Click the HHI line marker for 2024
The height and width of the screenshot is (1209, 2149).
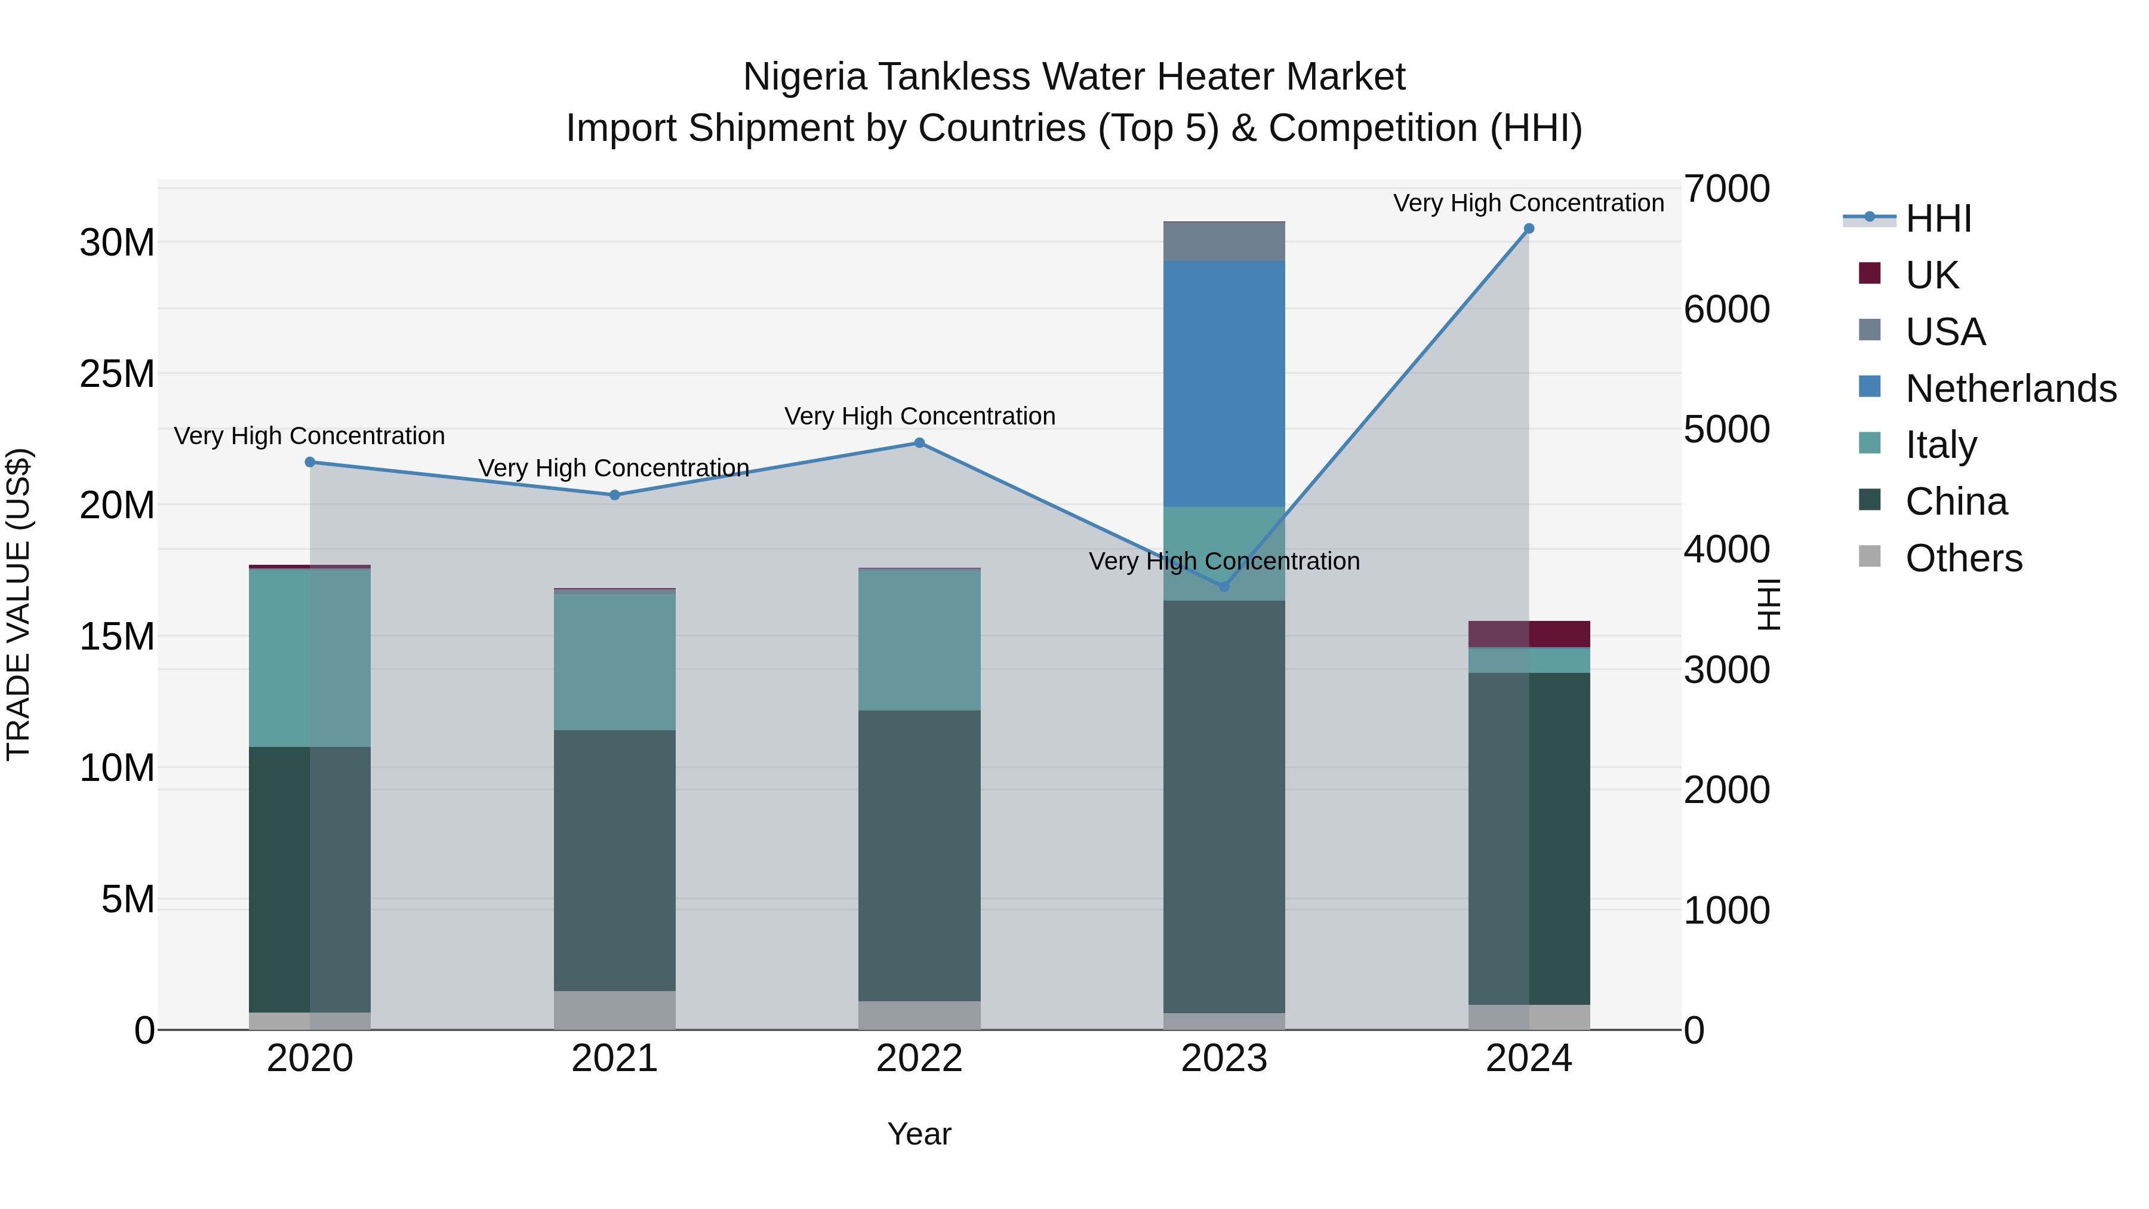point(1528,229)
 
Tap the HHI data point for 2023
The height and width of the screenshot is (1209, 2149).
point(1224,586)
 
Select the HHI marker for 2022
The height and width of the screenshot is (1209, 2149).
point(919,443)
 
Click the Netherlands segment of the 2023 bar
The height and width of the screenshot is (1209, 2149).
point(1224,384)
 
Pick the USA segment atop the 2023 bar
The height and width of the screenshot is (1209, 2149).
point(1224,242)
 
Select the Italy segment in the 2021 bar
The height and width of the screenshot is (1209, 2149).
point(615,661)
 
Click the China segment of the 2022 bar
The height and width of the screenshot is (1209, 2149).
point(919,855)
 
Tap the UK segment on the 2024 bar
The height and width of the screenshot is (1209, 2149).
point(1528,634)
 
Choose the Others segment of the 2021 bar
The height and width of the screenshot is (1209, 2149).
point(615,1010)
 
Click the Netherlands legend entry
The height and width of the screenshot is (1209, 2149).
point(2011,389)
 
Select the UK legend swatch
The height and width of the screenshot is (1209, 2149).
point(1870,273)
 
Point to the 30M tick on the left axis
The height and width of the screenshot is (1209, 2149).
point(117,243)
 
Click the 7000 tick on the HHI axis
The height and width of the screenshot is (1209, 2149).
point(1726,189)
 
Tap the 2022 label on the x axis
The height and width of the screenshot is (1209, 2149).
point(919,1059)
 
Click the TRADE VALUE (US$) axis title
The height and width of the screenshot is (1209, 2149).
point(19,604)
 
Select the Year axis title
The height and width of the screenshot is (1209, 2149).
point(919,1134)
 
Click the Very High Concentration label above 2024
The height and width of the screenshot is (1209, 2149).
point(1528,203)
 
